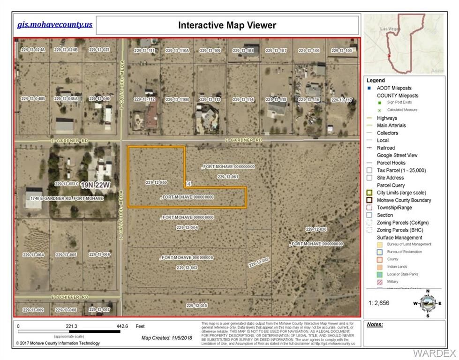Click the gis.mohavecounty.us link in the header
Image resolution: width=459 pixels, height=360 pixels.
pos(55,24)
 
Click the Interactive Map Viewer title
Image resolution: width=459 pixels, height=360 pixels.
pos(227,25)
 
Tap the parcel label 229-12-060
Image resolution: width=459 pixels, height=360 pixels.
pos(157,182)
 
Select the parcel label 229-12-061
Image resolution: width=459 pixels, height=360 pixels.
pos(228,177)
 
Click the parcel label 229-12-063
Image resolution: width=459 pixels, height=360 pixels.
pos(187,268)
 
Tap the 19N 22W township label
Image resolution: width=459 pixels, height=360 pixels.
pos(95,186)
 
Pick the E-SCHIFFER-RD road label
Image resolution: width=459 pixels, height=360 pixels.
pos(70,297)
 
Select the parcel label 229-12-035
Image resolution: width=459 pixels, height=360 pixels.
pos(196,306)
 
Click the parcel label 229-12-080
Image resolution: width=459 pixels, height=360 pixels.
pos(316,229)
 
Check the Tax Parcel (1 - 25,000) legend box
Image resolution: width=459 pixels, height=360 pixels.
pos(370,170)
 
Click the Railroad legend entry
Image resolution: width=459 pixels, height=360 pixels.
pos(386,148)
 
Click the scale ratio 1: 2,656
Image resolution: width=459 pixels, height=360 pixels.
pos(379,303)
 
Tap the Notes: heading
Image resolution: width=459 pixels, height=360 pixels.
pos(375,324)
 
